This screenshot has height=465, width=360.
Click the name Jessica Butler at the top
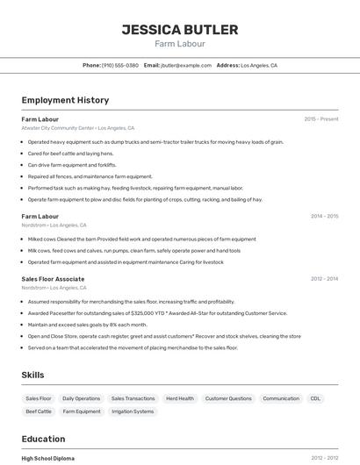coord(179,30)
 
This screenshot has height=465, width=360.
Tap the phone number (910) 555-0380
coord(120,65)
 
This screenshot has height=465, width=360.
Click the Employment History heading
coord(65,100)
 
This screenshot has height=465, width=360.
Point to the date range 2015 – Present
coord(320,118)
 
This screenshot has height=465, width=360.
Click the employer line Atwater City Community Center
coord(77,128)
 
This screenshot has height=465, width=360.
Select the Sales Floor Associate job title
coord(53,279)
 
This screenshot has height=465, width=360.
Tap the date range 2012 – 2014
coord(324,279)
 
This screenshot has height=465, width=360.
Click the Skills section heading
coord(32,375)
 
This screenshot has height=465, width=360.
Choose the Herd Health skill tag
coord(179,398)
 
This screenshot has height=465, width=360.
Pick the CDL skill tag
coord(315,398)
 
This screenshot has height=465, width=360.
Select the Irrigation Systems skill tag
coord(133,411)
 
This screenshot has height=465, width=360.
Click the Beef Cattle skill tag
coord(39,411)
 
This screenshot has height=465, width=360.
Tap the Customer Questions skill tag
coord(228,398)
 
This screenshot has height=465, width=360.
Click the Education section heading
coord(43,439)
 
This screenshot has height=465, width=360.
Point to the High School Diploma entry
coord(47,458)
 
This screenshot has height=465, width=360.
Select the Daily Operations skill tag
coord(81,398)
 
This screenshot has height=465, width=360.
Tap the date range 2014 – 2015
coord(324,216)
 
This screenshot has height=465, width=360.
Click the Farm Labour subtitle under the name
coord(179,43)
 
